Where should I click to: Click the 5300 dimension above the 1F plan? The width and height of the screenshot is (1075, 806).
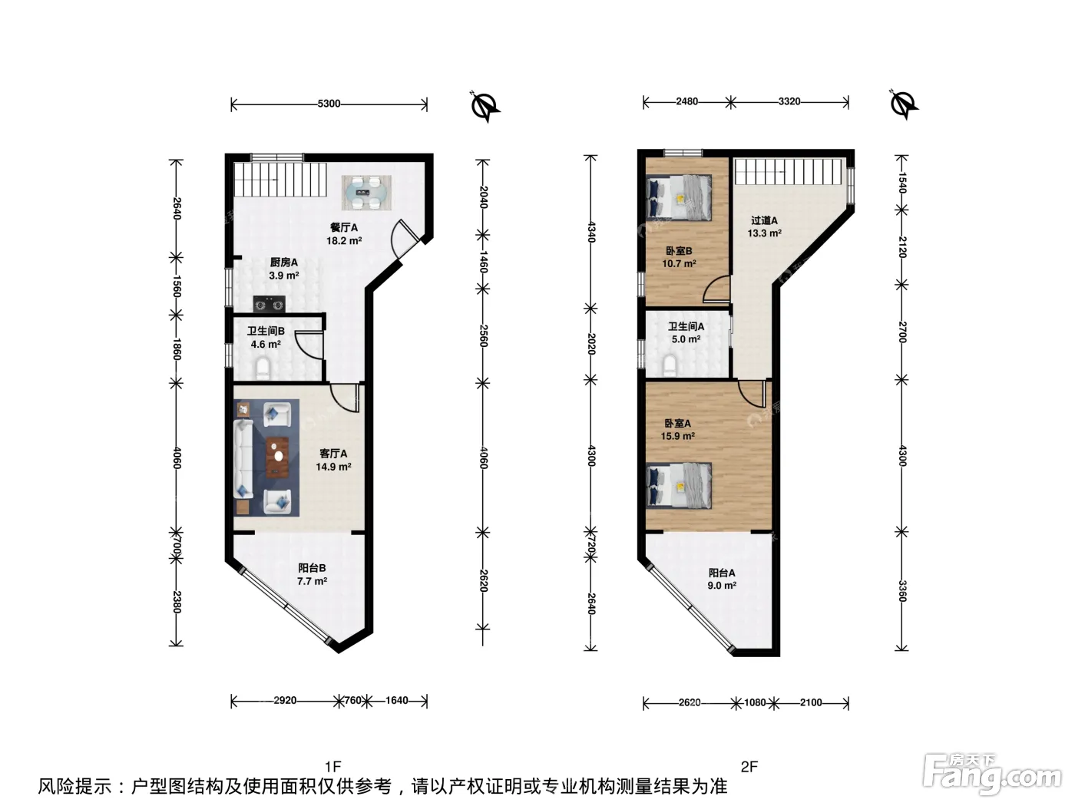(329, 104)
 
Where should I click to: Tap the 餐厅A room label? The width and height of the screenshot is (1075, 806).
(344, 227)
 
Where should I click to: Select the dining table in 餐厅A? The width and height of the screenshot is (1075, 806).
(366, 193)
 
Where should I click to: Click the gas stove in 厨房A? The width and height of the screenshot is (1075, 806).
(269, 305)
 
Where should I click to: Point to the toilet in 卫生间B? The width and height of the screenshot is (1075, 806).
(263, 369)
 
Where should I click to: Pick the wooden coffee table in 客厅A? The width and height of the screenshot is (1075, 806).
(277, 457)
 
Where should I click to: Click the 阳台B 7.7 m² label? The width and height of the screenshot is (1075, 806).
(312, 574)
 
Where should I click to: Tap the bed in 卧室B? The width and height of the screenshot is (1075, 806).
(679, 198)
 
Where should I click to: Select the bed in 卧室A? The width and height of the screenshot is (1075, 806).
(679, 486)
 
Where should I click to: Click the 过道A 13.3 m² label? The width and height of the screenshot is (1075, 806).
(764, 227)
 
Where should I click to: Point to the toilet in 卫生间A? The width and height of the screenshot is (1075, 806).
(670, 366)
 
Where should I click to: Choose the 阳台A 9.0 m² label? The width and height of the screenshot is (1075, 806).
(722, 579)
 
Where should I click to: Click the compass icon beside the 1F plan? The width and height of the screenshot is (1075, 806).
(485, 106)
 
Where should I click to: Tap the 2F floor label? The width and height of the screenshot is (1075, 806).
(749, 767)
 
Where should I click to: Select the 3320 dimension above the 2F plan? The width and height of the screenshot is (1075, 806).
(789, 102)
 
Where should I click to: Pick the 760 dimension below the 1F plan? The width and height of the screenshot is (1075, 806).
(352, 701)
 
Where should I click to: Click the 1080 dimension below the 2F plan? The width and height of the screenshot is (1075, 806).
(755, 702)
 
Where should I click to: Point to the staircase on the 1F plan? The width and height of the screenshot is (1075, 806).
(280, 180)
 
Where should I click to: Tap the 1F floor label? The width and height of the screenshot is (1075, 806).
(332, 767)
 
